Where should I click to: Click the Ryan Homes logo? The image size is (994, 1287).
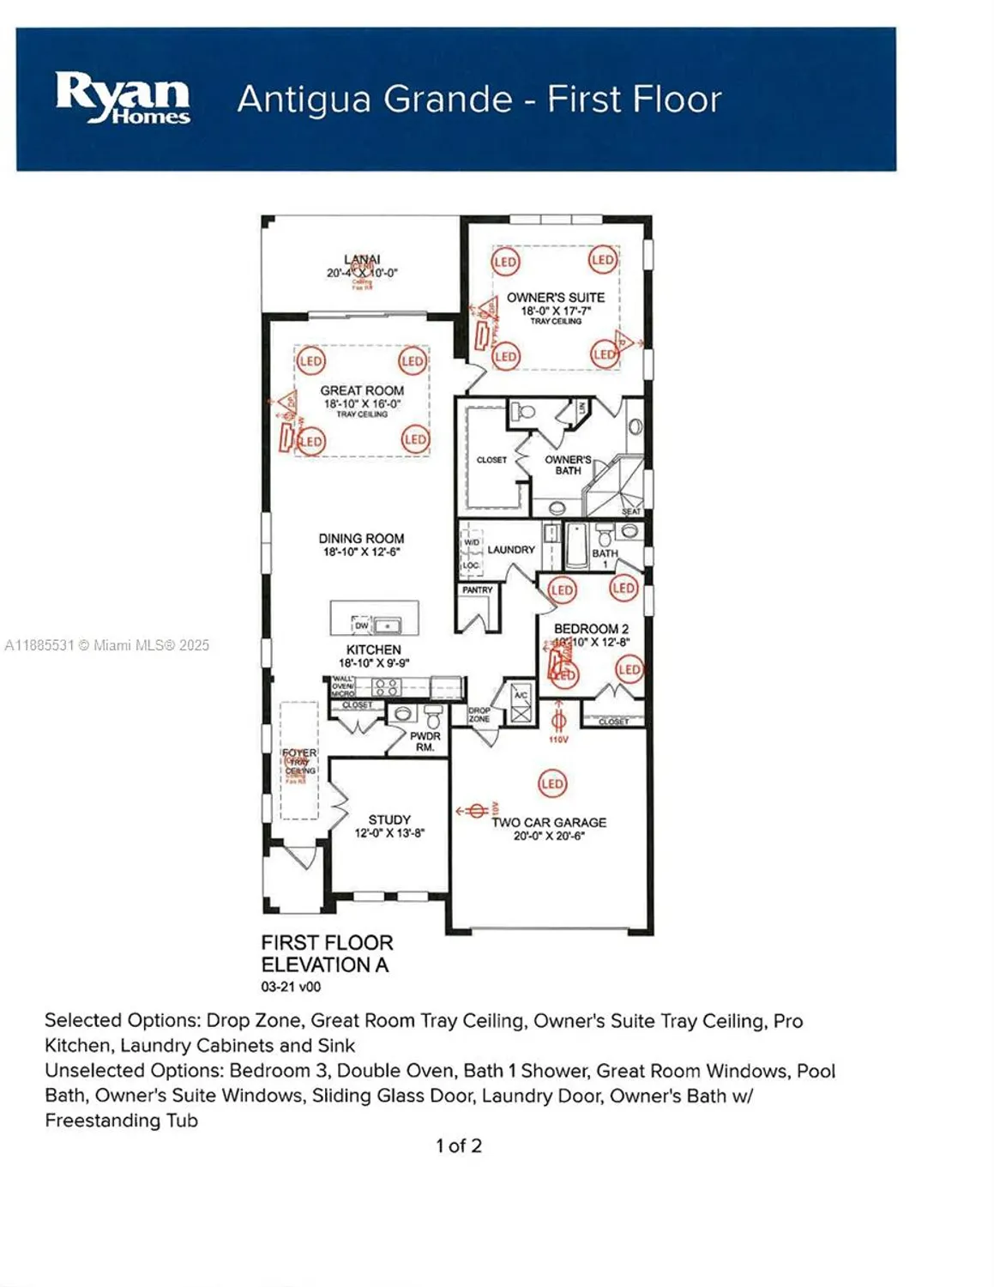[x=123, y=98]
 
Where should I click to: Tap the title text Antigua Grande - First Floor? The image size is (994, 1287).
[x=479, y=99]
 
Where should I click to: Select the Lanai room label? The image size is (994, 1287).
[x=362, y=259]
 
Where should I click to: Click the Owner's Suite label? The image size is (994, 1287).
[x=555, y=297]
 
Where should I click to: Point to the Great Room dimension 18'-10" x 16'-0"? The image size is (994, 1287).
[x=362, y=403]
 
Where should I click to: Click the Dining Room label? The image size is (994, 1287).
[x=361, y=538]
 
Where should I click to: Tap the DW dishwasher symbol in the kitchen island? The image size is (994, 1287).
[x=362, y=625]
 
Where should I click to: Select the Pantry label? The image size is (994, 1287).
[x=477, y=590]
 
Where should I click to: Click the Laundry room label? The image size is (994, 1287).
[x=511, y=549]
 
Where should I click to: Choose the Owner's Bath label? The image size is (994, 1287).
[x=568, y=464]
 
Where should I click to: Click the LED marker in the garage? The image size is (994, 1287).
[x=552, y=783]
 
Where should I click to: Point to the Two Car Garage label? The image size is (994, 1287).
[x=549, y=822]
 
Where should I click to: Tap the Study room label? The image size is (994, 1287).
[x=389, y=819]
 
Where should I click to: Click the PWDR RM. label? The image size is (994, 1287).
[x=425, y=741]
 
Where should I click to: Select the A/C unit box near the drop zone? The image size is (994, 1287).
[x=521, y=704]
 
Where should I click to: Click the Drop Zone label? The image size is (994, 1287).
[x=479, y=715]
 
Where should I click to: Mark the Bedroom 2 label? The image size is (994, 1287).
[x=591, y=628]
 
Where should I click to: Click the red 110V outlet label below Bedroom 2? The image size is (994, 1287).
[x=557, y=739]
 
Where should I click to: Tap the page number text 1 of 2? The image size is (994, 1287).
[x=459, y=1145]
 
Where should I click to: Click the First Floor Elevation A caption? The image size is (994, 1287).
[x=327, y=953]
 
